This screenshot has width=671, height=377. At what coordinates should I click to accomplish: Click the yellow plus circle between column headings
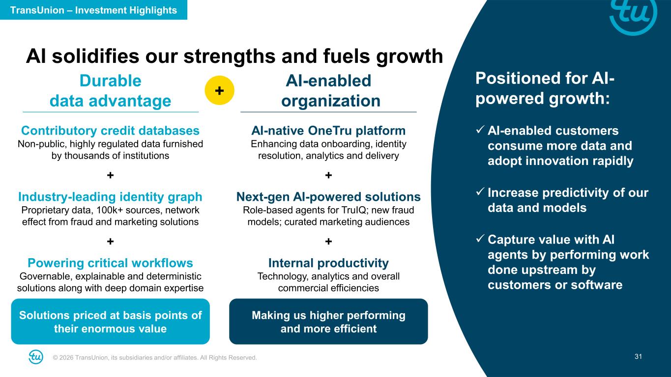(x=219, y=90)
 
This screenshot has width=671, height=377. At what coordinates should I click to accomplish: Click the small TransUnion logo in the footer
(x=36, y=357)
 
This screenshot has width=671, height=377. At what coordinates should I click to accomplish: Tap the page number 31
(x=638, y=356)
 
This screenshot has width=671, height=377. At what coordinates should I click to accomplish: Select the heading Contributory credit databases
(x=110, y=131)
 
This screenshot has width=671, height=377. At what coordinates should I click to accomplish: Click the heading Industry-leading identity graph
(x=110, y=196)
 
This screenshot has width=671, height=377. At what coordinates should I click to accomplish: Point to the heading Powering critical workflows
(x=110, y=263)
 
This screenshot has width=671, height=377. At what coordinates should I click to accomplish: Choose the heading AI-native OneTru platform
(x=328, y=131)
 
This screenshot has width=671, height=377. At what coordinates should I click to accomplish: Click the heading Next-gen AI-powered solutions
(x=328, y=196)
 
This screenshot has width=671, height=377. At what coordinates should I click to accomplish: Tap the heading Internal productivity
(x=328, y=263)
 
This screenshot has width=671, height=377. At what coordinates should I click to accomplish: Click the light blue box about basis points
(x=110, y=322)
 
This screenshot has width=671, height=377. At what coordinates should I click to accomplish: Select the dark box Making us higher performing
(x=328, y=322)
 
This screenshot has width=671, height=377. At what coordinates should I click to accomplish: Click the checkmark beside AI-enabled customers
(x=480, y=130)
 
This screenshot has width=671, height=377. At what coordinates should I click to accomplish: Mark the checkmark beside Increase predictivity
(x=480, y=191)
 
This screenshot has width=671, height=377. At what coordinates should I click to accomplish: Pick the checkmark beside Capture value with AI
(x=480, y=239)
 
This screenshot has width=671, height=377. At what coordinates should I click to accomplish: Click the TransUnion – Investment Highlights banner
(x=93, y=10)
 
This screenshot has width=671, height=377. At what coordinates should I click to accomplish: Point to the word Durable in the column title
(x=110, y=81)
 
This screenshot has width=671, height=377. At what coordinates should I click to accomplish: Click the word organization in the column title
(x=331, y=101)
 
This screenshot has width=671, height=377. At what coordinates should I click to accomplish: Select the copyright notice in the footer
(x=154, y=357)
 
